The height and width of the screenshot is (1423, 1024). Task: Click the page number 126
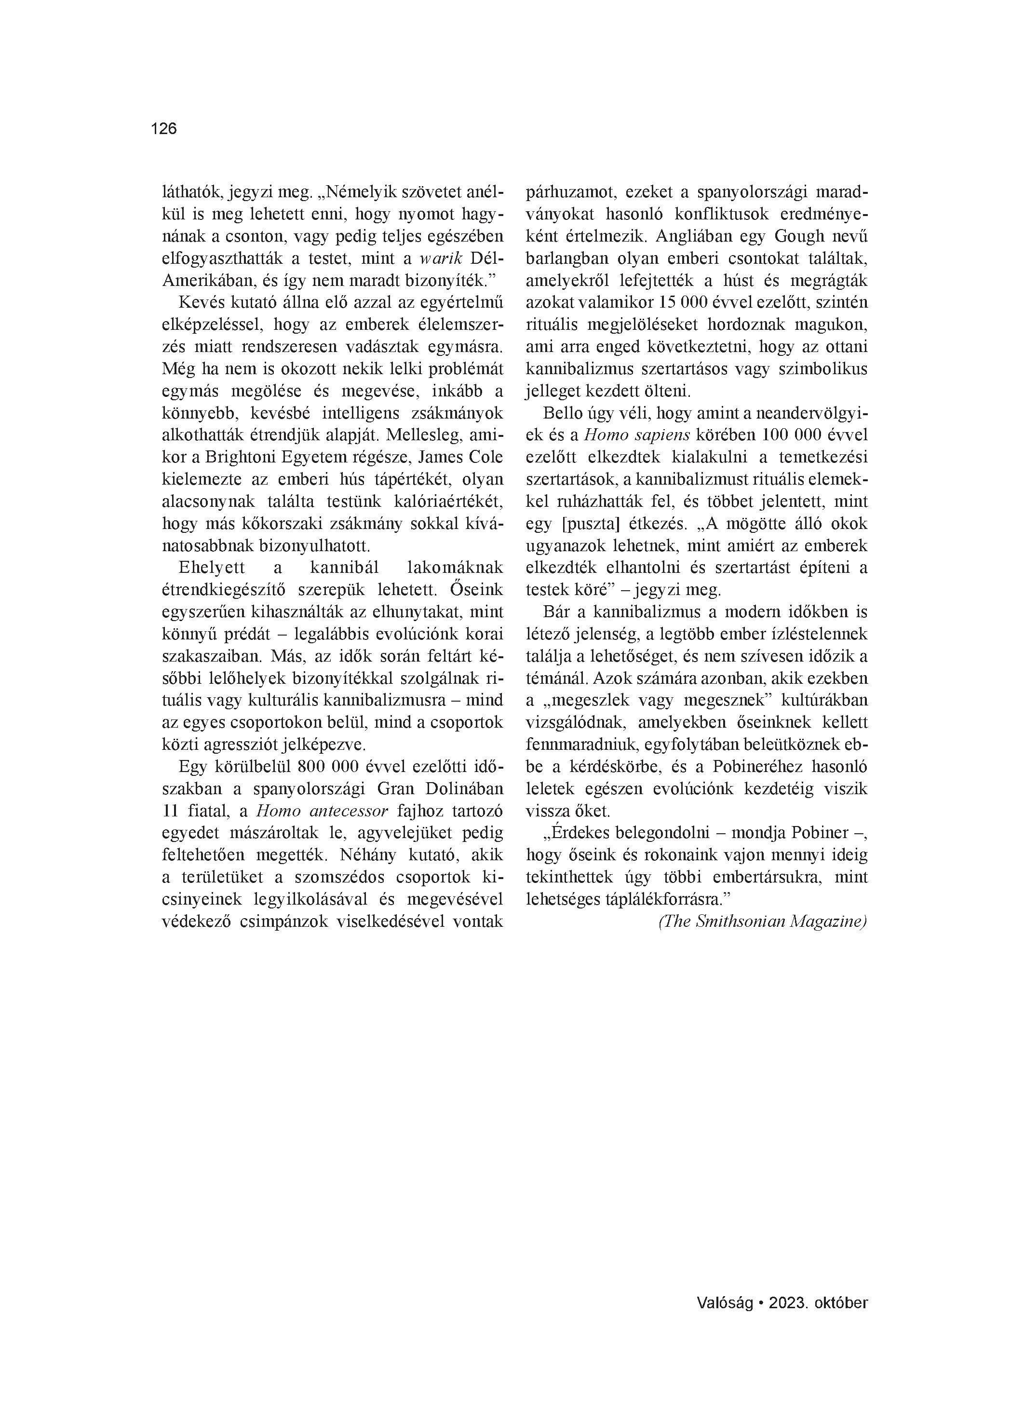point(164,129)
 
